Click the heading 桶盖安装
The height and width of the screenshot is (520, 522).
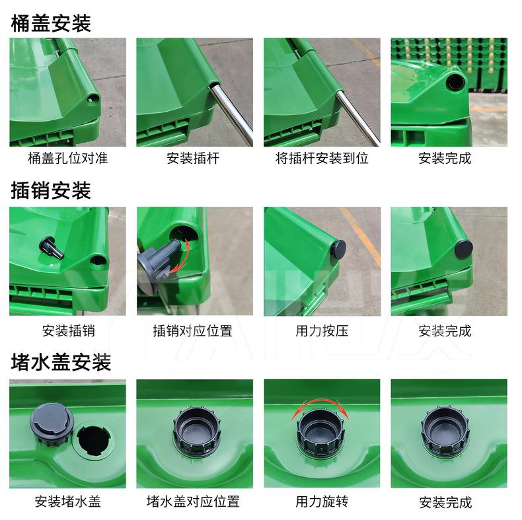point(51,23)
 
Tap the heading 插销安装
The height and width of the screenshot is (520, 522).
point(51,190)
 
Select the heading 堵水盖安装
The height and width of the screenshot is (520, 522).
point(61,362)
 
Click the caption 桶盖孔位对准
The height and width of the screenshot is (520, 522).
point(68,158)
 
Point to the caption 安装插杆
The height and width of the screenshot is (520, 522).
point(193,158)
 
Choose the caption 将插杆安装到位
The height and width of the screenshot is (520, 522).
point(322,158)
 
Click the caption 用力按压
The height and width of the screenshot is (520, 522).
point(322,331)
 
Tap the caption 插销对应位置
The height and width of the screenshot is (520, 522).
point(193,331)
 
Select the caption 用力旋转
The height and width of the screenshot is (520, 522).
point(322,501)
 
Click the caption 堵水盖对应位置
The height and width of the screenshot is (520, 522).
point(193,501)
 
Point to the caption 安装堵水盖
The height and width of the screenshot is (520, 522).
point(68,501)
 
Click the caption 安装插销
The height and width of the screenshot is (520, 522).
point(68,331)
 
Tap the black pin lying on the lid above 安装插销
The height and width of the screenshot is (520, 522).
point(52,247)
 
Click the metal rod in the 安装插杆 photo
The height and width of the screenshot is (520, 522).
point(231,114)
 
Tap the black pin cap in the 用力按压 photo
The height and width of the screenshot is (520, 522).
point(338,249)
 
